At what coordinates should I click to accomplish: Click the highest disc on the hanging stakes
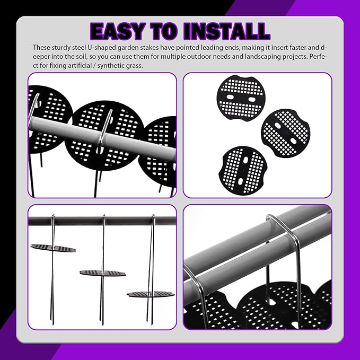tap(53, 248)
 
